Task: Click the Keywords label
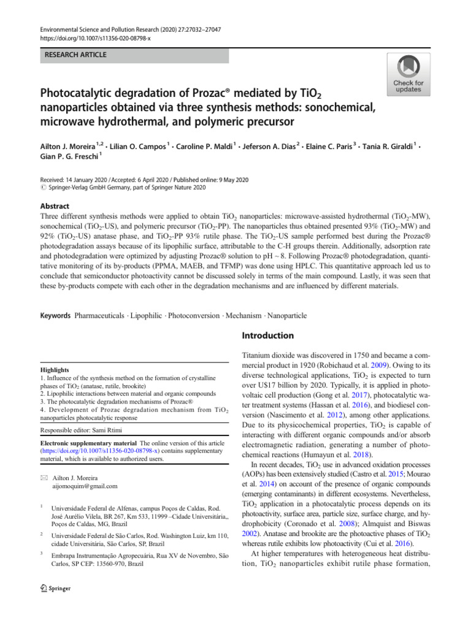(x=56, y=316)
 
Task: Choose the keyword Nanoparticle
(x=285, y=316)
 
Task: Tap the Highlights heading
(x=55, y=370)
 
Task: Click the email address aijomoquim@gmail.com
(x=83, y=486)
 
